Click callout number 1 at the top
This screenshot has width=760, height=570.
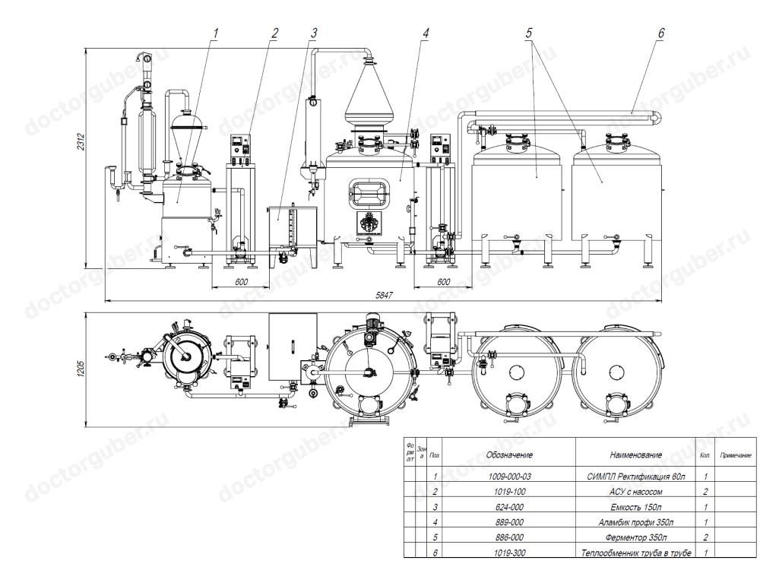coord(216,34)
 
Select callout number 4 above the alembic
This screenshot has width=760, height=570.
coord(426,34)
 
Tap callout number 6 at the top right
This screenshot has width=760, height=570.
coord(660,34)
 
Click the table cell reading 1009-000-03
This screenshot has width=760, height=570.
coord(509,477)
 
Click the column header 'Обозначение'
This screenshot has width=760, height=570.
coord(509,454)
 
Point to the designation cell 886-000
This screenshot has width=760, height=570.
coord(509,538)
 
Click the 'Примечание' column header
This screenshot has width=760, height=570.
coord(735,454)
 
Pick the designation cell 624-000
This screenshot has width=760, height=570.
coord(509,507)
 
